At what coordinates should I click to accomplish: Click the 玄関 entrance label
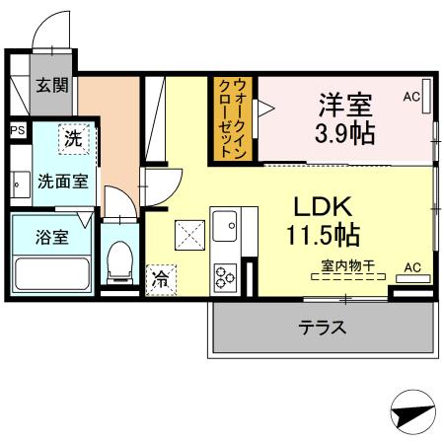(52, 85)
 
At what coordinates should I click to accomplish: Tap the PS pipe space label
(17, 129)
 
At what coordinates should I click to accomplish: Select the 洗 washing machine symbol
(72, 140)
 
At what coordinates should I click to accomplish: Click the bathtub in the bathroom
(51, 271)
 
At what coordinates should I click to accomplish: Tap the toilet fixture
(118, 261)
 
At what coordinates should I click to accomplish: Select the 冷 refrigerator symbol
(159, 278)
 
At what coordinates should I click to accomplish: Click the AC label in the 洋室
(411, 98)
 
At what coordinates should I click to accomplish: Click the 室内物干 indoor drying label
(344, 265)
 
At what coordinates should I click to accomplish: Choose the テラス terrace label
(323, 328)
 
